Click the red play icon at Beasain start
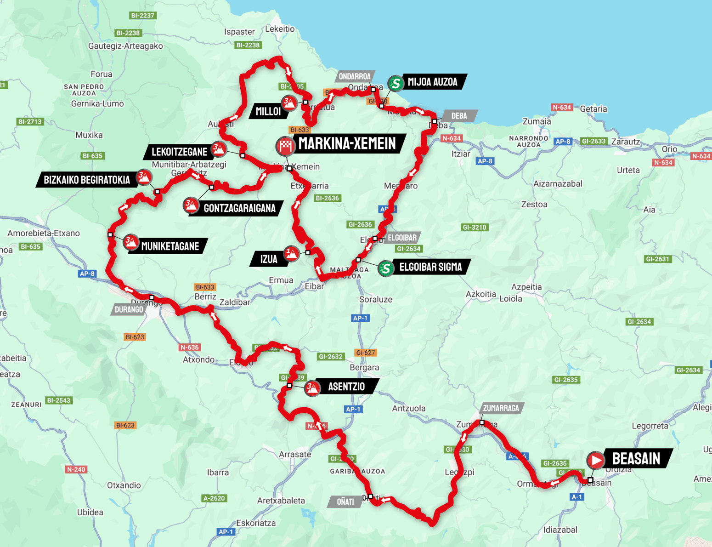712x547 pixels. pyautogui.click(x=596, y=460)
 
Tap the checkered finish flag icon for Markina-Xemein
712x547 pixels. pyautogui.click(x=285, y=146)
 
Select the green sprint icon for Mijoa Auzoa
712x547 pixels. pyautogui.click(x=395, y=83)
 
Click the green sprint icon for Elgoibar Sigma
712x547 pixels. pyautogui.click(x=386, y=268)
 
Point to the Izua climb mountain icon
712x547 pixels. pyautogui.click(x=291, y=253)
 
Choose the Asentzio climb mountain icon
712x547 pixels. pyautogui.click(x=312, y=387)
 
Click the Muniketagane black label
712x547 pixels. pyautogui.click(x=170, y=246)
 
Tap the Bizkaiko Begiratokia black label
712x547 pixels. pyautogui.click(x=87, y=180)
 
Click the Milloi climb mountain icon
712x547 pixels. pyautogui.click(x=289, y=103)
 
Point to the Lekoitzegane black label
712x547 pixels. pyautogui.click(x=179, y=152)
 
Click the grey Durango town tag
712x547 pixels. pyautogui.click(x=129, y=309)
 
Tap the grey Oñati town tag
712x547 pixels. pyautogui.click(x=345, y=501)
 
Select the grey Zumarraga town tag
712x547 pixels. pyautogui.click(x=501, y=408)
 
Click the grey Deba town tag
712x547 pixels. pyautogui.click(x=458, y=116)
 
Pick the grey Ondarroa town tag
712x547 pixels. pyautogui.click(x=355, y=76)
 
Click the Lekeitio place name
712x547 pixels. pyautogui.click(x=280, y=29)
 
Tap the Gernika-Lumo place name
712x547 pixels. pyautogui.click(x=97, y=104)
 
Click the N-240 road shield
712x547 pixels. pyautogui.click(x=76, y=469)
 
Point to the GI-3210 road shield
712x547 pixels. pyautogui.click(x=474, y=227)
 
